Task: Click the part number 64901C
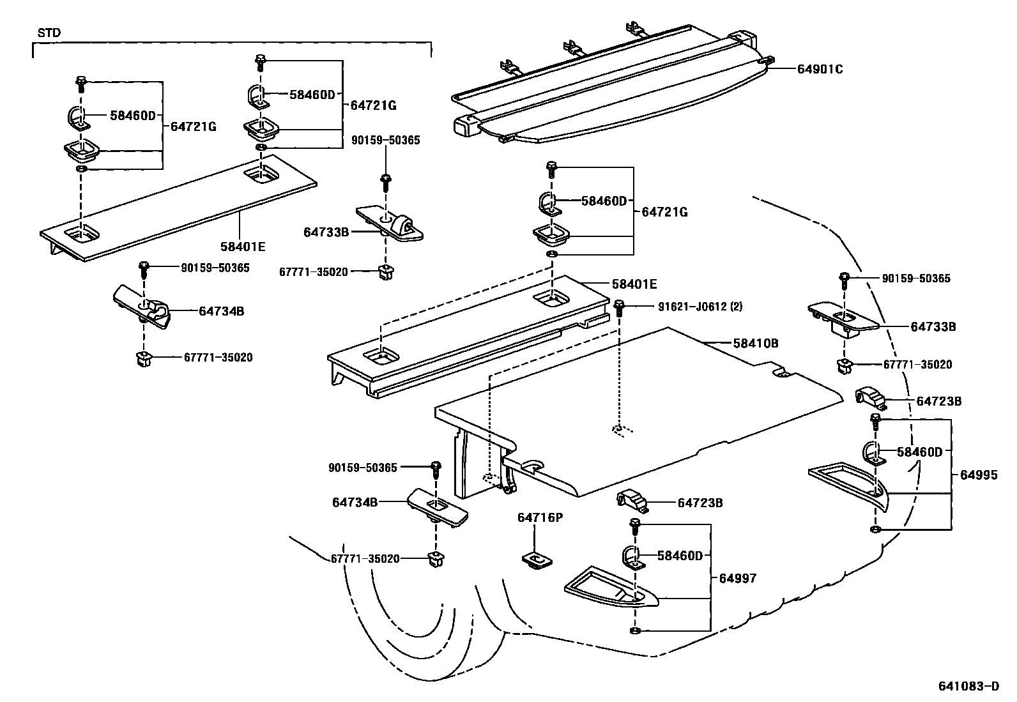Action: coord(820,69)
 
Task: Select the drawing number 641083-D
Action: coord(968,687)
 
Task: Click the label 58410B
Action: coord(755,343)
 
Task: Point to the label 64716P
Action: coord(540,517)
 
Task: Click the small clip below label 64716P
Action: coord(537,560)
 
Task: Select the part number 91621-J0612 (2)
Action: coord(700,306)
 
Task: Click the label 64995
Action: coord(979,475)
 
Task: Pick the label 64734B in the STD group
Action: coord(221,311)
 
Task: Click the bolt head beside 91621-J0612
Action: coord(618,307)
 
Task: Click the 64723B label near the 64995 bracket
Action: coord(938,401)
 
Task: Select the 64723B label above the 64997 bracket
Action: coord(700,503)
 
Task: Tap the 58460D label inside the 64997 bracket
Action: coord(680,556)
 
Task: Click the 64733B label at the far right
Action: coord(933,326)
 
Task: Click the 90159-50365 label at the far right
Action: coord(916,279)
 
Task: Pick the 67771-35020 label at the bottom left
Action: coord(365,559)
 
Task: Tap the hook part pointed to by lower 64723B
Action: coord(632,500)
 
